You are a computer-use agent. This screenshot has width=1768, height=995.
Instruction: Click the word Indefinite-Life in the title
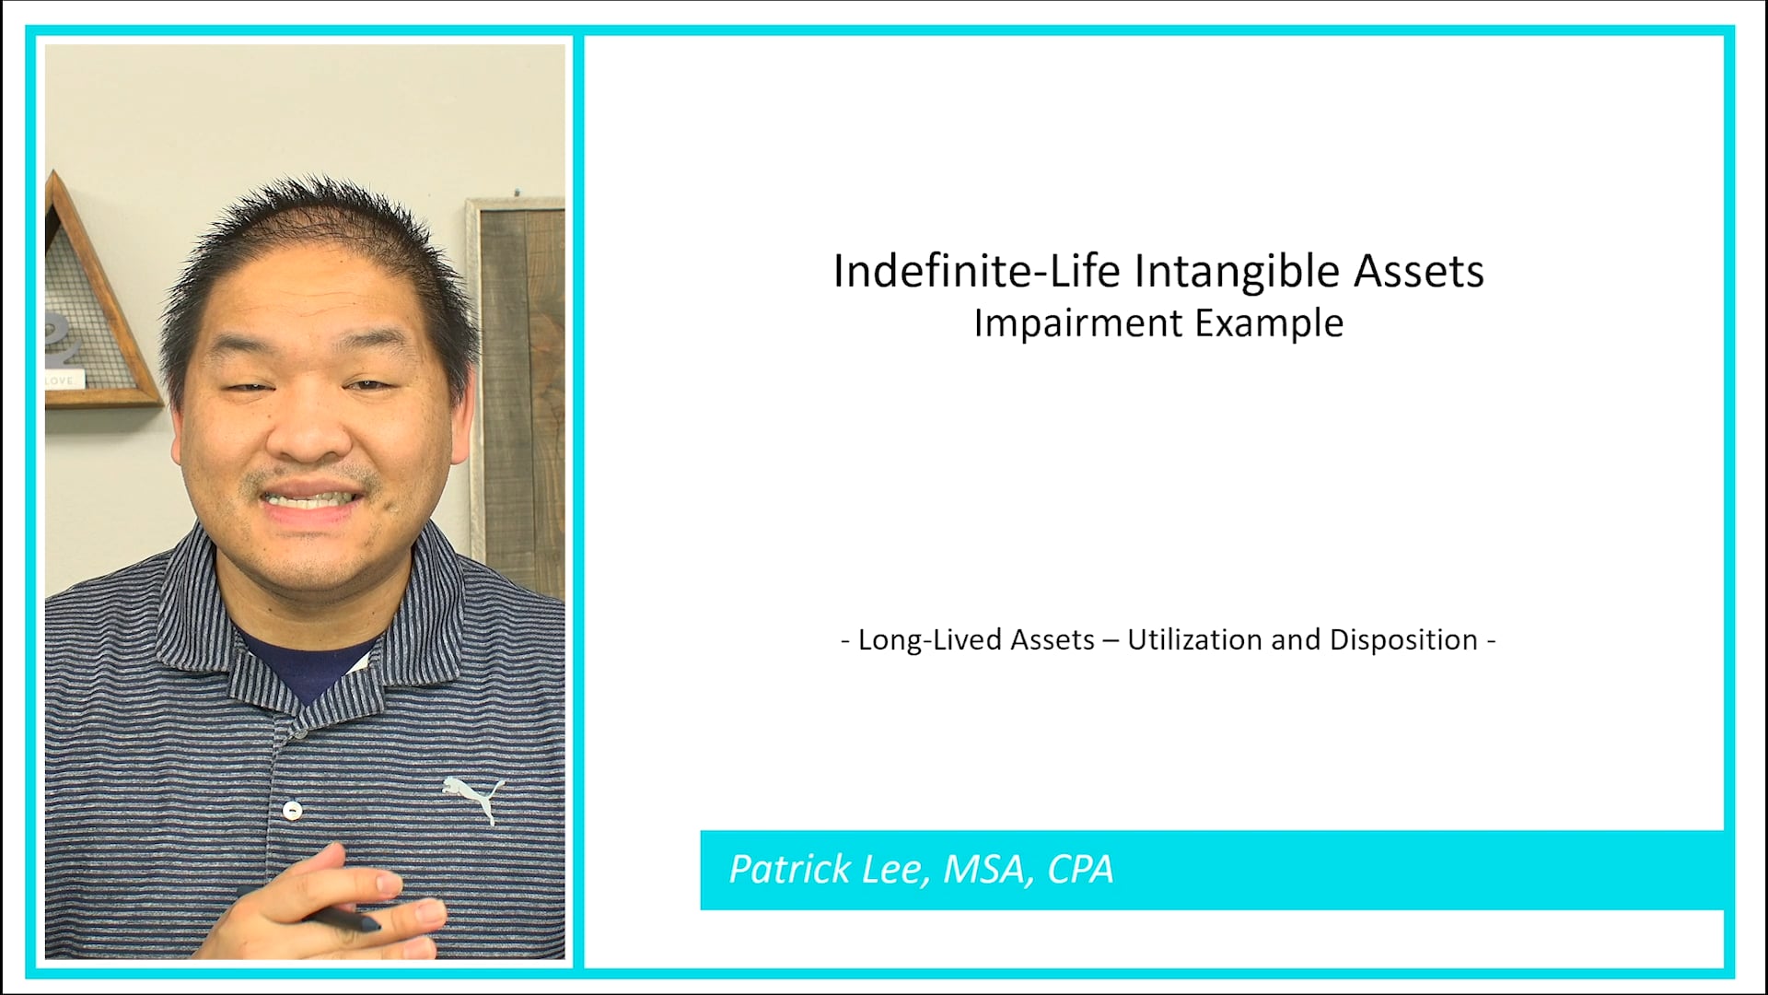click(x=976, y=271)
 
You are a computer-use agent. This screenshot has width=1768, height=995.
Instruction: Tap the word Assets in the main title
click(x=1418, y=271)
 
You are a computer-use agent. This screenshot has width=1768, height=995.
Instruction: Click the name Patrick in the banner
click(x=790, y=869)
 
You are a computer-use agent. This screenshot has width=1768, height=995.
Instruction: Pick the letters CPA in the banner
click(x=1080, y=869)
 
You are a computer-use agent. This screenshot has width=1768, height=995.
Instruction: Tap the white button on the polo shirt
click(x=293, y=811)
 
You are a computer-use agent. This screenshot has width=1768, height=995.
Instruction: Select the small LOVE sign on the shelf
click(x=63, y=380)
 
